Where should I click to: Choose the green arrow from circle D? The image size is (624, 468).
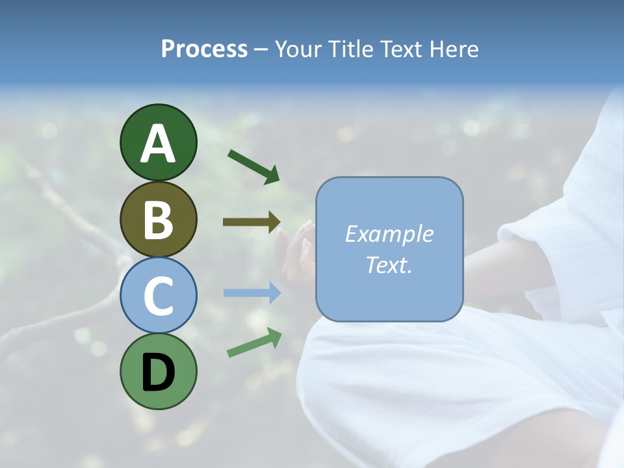254,343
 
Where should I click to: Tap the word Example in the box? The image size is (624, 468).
389,234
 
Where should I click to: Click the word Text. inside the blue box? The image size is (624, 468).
389,265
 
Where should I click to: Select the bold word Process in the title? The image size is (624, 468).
204,49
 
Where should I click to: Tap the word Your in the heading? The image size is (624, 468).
296,49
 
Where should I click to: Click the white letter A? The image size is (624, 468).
158,143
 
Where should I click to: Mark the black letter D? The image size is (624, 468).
158,372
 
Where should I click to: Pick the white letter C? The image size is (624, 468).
158,296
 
